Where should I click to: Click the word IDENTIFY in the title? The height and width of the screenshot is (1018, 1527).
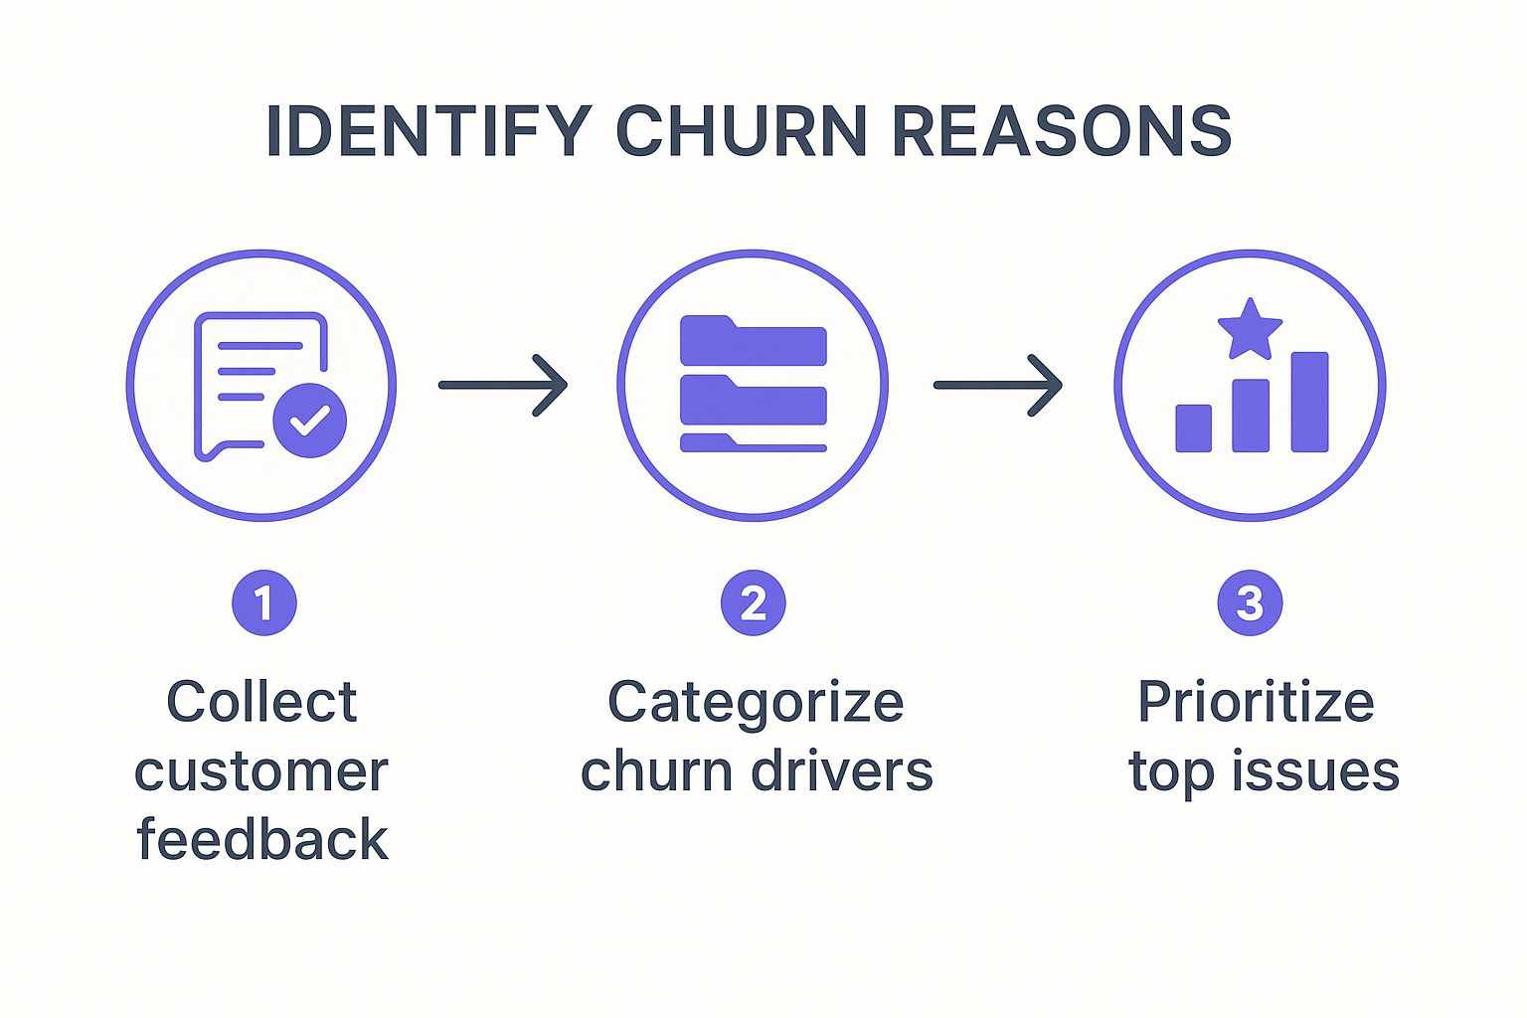coord(428,130)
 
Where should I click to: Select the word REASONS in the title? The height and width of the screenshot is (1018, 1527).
coord(1062,130)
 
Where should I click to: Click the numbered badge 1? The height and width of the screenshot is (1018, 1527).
coord(263,602)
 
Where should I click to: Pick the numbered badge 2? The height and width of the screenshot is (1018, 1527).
coord(753,602)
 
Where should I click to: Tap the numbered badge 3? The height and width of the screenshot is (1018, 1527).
coord(1250,602)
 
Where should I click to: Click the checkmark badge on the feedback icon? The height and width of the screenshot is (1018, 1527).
coord(309,420)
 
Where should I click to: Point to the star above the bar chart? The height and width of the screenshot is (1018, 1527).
coord(1250,329)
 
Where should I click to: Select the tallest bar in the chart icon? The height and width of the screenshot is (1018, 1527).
coord(1309,402)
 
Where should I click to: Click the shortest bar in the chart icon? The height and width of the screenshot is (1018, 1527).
coord(1193,428)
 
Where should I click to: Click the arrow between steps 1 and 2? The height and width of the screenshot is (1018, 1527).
coord(503,385)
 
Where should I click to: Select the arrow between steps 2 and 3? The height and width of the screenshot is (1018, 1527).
coord(998,385)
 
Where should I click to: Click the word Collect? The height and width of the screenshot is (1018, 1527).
coord(261,702)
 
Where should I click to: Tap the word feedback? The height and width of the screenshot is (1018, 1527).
coord(261,839)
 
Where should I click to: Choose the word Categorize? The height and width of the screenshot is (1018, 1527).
coord(756,704)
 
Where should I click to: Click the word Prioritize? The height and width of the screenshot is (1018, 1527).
coord(1256,704)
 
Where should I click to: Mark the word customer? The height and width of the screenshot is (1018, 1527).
coord(261,772)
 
